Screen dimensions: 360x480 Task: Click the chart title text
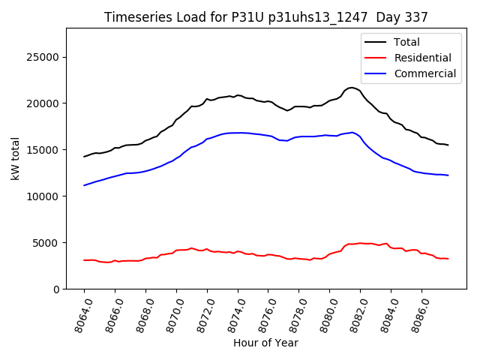coord(265,17)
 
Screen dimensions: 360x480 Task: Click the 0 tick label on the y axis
coord(57,289)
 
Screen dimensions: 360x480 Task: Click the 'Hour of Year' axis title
coord(265,343)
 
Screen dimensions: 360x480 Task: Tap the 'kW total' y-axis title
coord(16,158)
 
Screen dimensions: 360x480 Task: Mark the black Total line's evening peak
coord(352,88)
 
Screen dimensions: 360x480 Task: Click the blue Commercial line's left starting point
coord(84,185)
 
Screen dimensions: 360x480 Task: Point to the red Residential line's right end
coord(448,259)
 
